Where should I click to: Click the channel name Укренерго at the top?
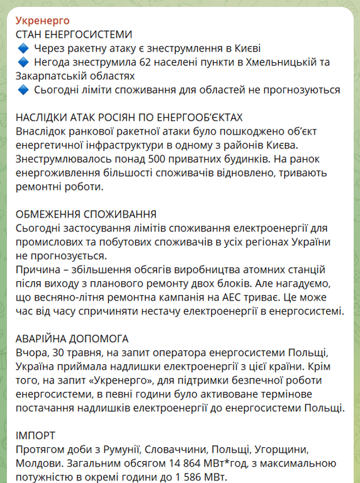point(42,21)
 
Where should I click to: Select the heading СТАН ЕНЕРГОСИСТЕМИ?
point(74,34)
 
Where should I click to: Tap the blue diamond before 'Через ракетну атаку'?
point(23,48)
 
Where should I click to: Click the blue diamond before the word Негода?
point(23,62)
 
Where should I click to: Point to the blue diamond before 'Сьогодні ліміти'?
point(23,89)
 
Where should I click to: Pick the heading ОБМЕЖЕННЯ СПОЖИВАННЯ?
point(86,214)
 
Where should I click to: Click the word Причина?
point(39,269)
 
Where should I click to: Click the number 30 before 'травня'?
point(59,352)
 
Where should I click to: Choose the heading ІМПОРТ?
point(35,435)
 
